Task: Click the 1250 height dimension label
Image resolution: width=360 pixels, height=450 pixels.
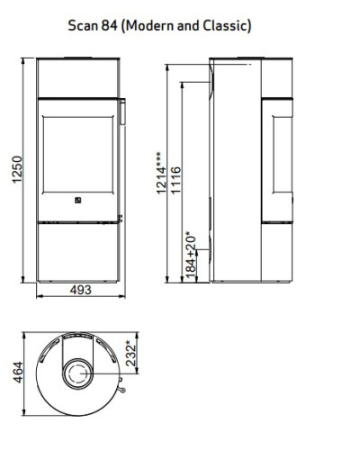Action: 17,169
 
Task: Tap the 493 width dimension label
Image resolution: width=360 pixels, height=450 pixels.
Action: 80,290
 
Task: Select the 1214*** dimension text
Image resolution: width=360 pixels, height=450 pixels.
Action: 161,173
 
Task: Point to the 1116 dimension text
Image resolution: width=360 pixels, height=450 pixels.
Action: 175,180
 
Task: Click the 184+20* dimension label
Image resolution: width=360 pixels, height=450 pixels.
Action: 190,255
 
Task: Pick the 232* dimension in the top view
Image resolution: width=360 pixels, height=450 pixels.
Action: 131,353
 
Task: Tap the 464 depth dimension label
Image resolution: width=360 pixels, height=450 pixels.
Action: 18,373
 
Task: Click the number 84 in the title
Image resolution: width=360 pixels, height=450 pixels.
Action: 109,25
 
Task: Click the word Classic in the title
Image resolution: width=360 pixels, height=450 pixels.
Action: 224,25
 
